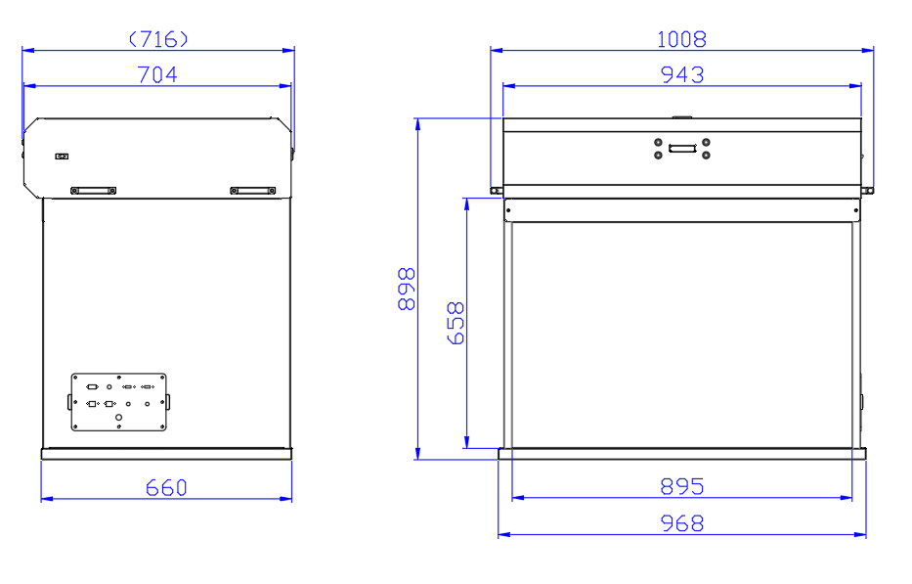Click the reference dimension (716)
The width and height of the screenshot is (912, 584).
[x=157, y=39]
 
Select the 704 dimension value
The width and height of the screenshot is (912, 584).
[x=157, y=74]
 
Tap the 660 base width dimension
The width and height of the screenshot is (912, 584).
[x=166, y=487]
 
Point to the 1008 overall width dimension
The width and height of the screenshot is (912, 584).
[x=681, y=39]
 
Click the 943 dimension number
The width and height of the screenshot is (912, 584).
[x=681, y=74]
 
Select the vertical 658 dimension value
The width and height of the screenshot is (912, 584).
[x=456, y=323]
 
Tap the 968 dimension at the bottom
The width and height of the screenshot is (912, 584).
[x=681, y=523]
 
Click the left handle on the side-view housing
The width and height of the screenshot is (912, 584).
[x=93, y=190]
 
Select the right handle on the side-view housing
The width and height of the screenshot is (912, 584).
[x=253, y=190]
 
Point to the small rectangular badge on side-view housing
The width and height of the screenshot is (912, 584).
[x=63, y=156]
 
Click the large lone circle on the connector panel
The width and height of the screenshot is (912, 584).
[x=119, y=418]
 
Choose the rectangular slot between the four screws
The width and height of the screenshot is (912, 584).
[x=682, y=149]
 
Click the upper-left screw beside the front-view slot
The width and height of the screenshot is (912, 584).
[x=659, y=142]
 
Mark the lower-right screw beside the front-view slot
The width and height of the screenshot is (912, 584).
[x=706, y=155]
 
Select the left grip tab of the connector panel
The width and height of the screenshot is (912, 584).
[x=68, y=402]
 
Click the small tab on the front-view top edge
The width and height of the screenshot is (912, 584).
[x=681, y=117]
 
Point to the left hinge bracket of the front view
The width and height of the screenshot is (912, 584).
[x=496, y=190]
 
